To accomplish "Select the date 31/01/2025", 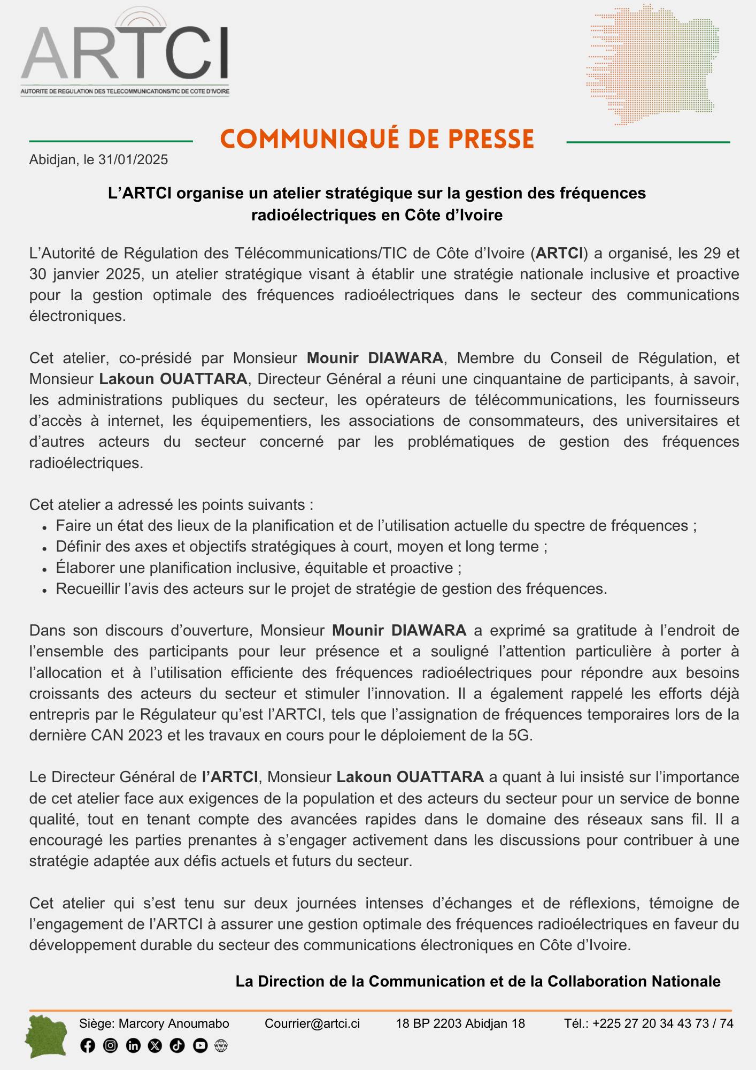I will pyautogui.click(x=133, y=160).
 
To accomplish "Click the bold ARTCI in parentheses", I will pyautogui.click(x=559, y=253).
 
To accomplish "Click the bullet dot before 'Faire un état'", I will pyautogui.click(x=45, y=527).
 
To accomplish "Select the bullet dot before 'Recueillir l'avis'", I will pyautogui.click(x=45, y=590).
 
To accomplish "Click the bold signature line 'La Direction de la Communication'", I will pyautogui.click(x=477, y=981).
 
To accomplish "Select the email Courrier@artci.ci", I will pyautogui.click(x=312, y=1023).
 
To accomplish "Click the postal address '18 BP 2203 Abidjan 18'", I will pyautogui.click(x=460, y=1023).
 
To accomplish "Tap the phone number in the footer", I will pyautogui.click(x=662, y=1023).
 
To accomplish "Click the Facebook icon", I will pyautogui.click(x=88, y=1045).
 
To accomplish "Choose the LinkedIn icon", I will pyautogui.click(x=133, y=1045).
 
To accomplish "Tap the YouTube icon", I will pyautogui.click(x=200, y=1045).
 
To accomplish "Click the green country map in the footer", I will pyautogui.click(x=47, y=1037).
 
